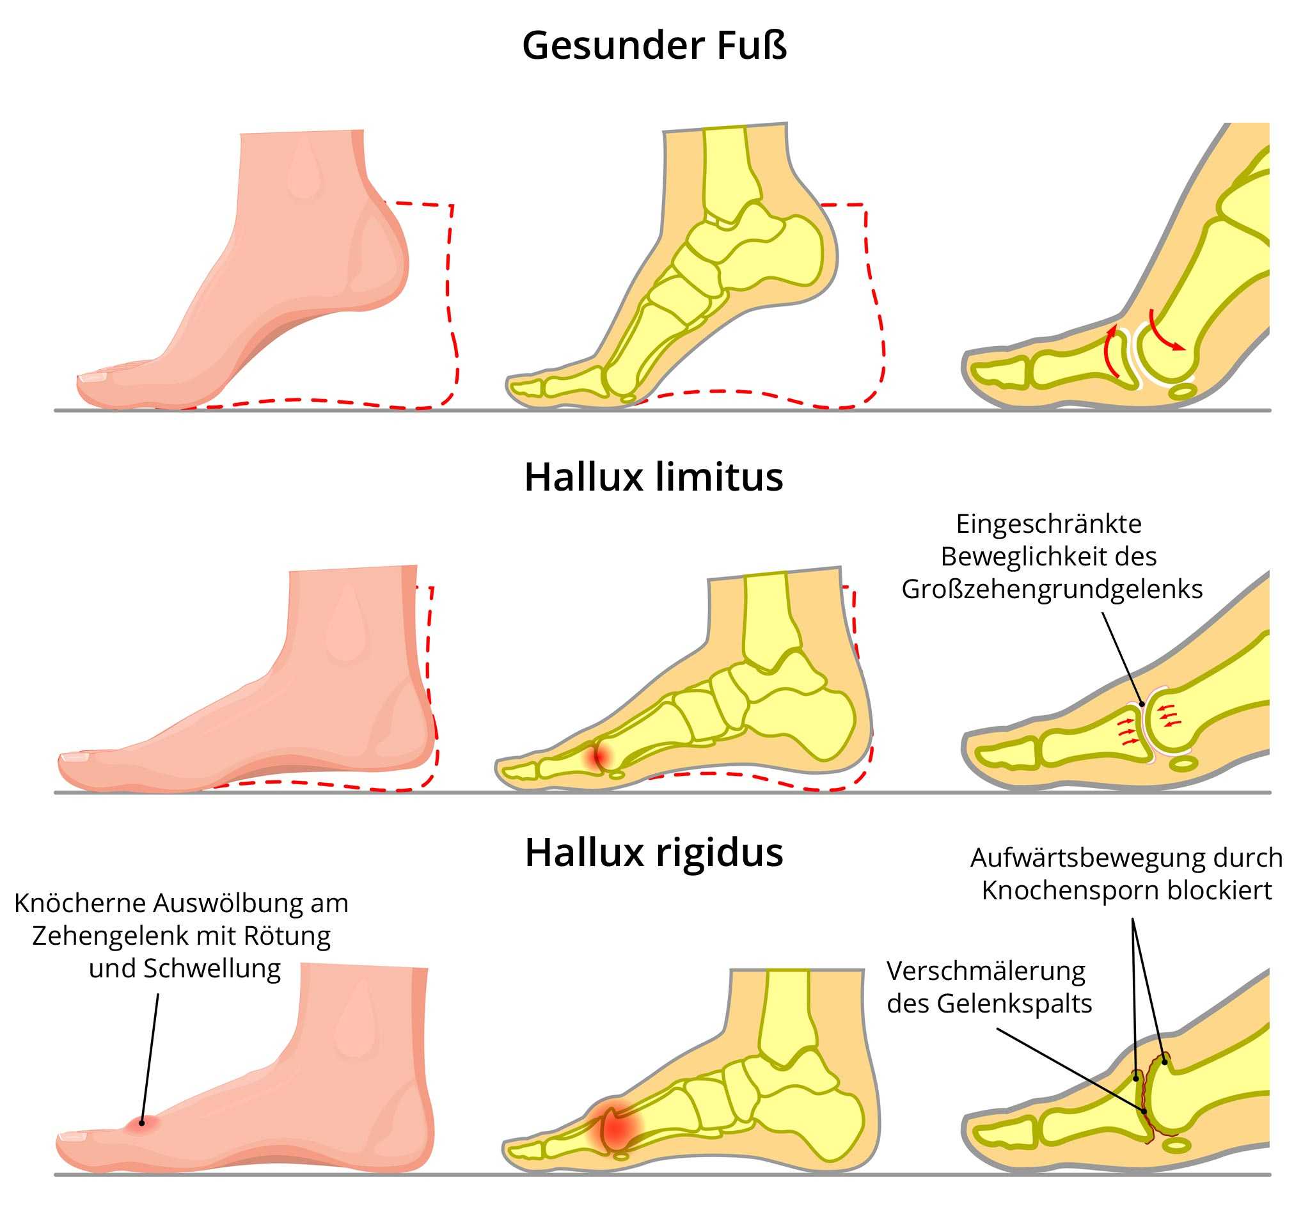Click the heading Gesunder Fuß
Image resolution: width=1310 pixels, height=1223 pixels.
(x=654, y=46)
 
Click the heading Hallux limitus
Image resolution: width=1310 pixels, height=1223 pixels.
(x=654, y=477)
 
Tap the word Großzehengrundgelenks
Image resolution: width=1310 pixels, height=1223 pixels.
(x=1052, y=589)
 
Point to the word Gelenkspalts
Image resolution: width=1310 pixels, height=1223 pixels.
(x=1014, y=1004)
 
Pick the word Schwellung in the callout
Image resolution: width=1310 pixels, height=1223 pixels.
(x=212, y=968)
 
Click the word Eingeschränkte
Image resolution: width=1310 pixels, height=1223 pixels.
(x=1048, y=524)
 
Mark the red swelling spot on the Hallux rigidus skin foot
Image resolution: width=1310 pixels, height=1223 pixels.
(x=141, y=1123)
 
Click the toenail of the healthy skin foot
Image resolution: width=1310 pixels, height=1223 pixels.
(x=92, y=377)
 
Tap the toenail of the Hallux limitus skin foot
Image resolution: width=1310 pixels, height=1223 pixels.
(x=74, y=757)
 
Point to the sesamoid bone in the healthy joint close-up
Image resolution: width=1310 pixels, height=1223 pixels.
(x=1183, y=391)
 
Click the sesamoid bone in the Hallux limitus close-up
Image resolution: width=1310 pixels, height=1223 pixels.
(x=1184, y=764)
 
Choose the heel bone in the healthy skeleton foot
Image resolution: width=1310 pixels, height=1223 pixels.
(x=798, y=254)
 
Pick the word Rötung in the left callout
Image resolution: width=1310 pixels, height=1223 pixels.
(x=287, y=936)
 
